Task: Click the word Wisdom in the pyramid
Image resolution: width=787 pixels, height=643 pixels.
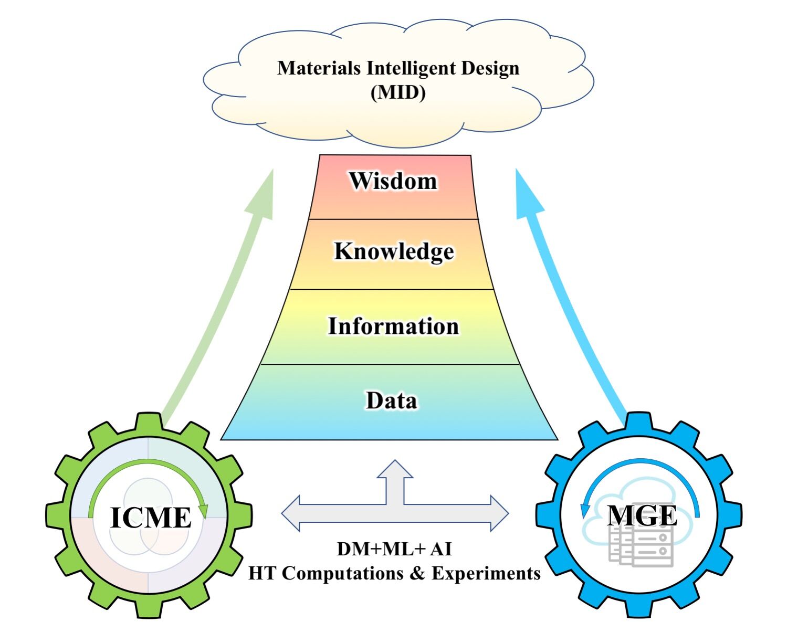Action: pyautogui.click(x=393, y=181)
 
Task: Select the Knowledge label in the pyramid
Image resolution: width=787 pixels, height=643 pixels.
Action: pyautogui.click(x=394, y=251)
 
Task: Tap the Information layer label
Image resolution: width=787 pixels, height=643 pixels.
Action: pyautogui.click(x=393, y=326)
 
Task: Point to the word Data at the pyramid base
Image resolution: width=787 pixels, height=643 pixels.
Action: pyautogui.click(x=392, y=400)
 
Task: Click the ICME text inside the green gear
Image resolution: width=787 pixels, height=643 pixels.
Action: pyautogui.click(x=151, y=518)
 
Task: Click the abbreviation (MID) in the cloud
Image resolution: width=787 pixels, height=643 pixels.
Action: pyautogui.click(x=398, y=92)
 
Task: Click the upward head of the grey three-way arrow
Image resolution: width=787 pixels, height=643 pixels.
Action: pyautogui.click(x=395, y=468)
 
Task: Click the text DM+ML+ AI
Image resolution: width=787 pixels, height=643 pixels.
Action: pyautogui.click(x=394, y=549)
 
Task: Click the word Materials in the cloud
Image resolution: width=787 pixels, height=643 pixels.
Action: pyautogui.click(x=319, y=68)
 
